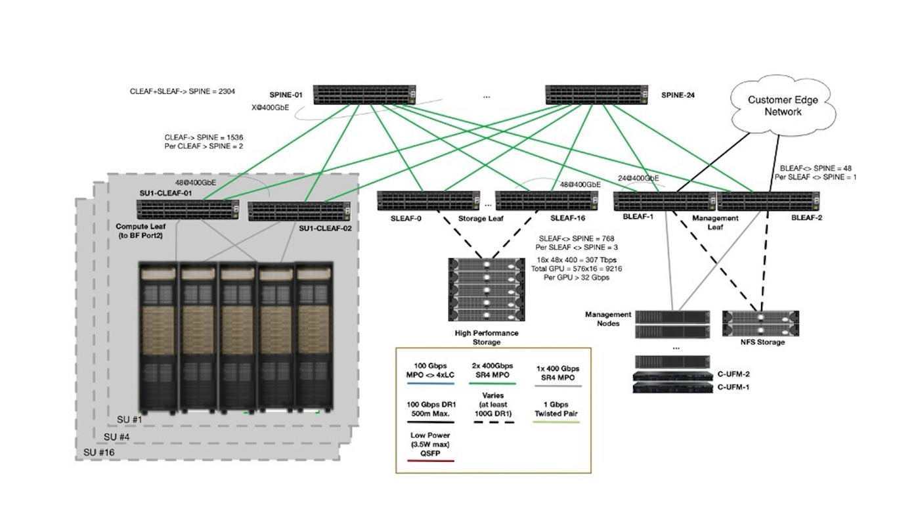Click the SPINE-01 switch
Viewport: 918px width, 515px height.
[364, 95]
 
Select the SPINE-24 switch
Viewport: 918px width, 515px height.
[597, 95]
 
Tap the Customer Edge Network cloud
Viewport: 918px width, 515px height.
[782, 105]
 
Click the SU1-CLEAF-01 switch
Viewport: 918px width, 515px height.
[188, 210]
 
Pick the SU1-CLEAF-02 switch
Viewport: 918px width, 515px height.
[299, 212]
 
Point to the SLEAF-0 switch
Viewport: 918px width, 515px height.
[429, 201]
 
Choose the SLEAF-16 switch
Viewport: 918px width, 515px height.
[547, 201]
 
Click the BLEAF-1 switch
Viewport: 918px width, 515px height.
[665, 201]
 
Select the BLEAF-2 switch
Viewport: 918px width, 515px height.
[768, 201]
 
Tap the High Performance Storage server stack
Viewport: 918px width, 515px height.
[487, 290]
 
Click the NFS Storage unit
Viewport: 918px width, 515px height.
[760, 323]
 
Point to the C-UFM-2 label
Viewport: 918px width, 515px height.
[733, 374]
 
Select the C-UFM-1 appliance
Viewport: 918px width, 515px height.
[673, 388]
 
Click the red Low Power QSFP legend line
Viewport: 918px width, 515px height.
[430, 461]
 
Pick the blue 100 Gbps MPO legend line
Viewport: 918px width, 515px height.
[430, 384]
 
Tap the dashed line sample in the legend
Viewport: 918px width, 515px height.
[493, 422]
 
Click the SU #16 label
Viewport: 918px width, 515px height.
[98, 452]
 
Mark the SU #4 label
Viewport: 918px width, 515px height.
[116, 437]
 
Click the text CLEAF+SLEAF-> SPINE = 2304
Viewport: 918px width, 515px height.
[183, 91]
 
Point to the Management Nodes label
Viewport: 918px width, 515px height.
[608, 319]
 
